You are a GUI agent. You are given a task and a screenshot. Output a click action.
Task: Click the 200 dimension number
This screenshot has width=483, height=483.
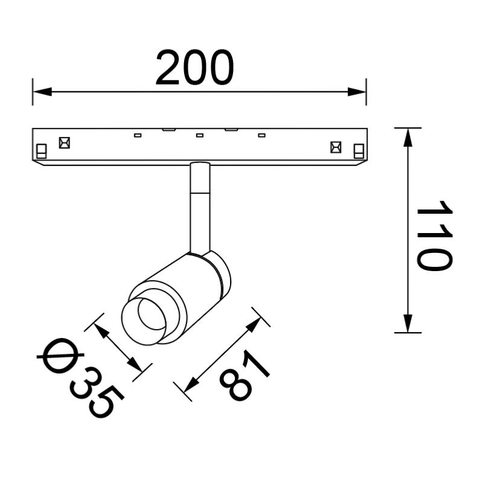click(x=194, y=68)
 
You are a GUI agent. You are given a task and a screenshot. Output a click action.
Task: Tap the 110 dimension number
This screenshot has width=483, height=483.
click(x=435, y=235)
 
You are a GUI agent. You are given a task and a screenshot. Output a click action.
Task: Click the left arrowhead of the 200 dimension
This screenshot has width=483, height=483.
click(x=42, y=92)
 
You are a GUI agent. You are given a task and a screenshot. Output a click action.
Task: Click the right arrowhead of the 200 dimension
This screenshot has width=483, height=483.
click(x=357, y=92)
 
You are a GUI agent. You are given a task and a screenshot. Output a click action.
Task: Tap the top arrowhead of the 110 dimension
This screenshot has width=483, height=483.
click(x=408, y=138)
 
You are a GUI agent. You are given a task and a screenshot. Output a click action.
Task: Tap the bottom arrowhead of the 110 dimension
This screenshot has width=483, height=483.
click(x=408, y=324)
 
